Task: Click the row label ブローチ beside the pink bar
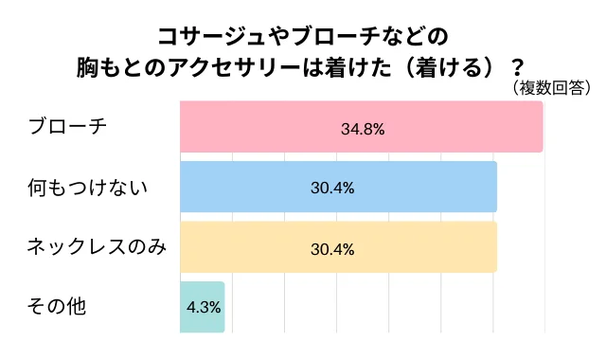68,127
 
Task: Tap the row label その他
59,307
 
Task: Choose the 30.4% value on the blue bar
332,189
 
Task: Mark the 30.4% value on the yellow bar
332,249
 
